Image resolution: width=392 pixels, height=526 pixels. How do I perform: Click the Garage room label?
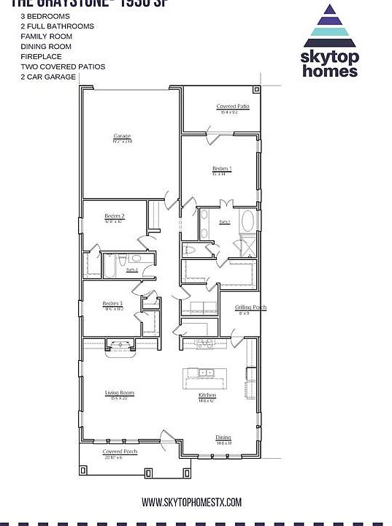(x=121, y=137)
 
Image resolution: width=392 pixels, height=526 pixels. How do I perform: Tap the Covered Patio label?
(x=233, y=107)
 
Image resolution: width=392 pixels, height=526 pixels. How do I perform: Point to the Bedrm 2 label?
(x=115, y=216)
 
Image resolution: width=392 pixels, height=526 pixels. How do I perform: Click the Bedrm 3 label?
(x=112, y=303)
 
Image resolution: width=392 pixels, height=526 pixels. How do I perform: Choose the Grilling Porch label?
(x=250, y=308)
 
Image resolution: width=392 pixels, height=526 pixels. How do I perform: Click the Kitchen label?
(x=208, y=395)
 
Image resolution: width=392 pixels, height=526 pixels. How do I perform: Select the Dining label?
(x=223, y=438)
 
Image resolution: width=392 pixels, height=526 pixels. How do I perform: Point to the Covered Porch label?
(x=120, y=452)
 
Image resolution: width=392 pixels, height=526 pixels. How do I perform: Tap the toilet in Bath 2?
(x=125, y=259)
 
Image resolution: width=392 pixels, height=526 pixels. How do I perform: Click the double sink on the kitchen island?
(x=207, y=373)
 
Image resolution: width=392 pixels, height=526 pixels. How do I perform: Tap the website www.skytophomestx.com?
(x=191, y=502)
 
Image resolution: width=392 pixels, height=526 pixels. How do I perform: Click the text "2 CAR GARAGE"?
(x=48, y=77)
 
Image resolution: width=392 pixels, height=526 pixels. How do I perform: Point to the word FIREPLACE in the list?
(x=41, y=56)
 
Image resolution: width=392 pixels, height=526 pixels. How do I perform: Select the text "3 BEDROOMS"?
(x=45, y=15)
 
